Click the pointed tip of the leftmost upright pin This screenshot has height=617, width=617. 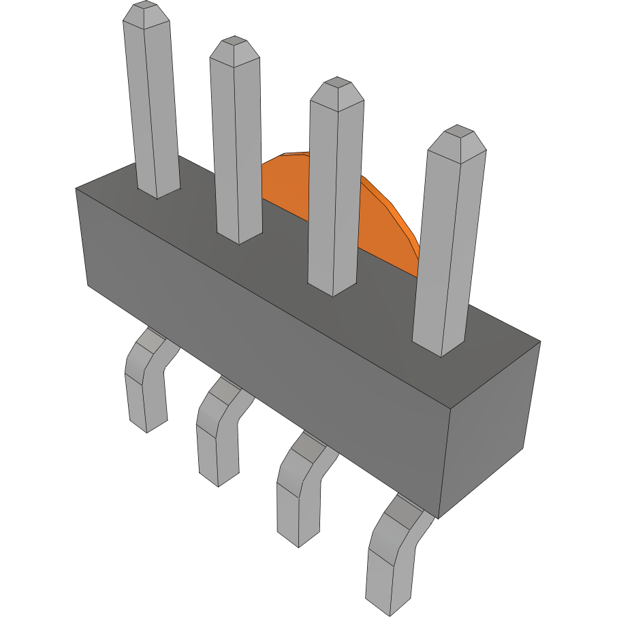145,12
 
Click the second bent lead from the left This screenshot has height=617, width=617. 218,436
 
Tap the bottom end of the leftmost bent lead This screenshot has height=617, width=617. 146,426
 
